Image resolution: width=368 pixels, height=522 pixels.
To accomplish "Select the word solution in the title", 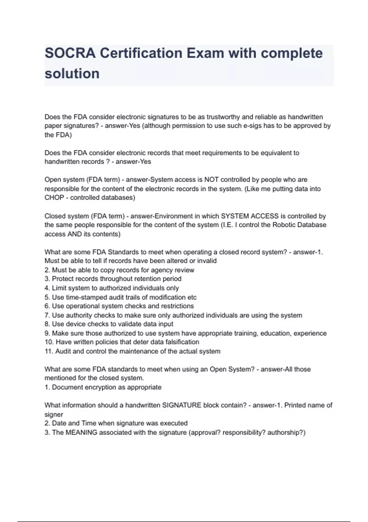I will tap(72, 74).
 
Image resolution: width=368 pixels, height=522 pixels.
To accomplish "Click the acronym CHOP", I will tap(54, 198).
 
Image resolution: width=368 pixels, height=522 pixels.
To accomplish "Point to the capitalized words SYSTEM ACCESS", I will tap(250, 216).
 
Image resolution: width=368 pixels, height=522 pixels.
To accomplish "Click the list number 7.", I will tap(47, 315).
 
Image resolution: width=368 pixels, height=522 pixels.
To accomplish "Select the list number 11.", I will tap(49, 351).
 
